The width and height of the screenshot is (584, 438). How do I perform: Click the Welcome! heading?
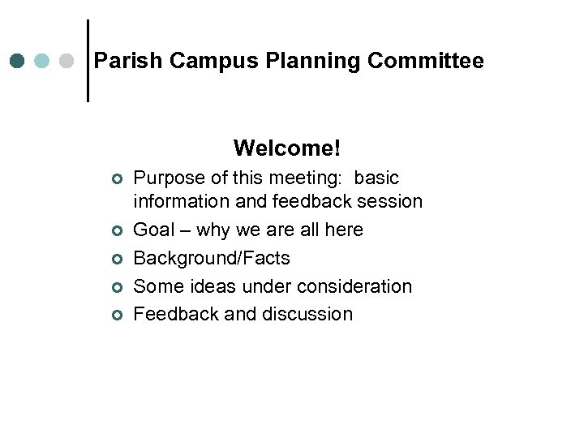point(287,148)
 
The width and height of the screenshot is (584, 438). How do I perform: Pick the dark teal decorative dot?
point(17,61)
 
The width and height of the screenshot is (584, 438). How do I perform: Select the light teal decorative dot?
point(42,61)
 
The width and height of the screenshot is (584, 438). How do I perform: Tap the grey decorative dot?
point(67,61)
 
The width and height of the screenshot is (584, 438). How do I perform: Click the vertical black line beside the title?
point(88,61)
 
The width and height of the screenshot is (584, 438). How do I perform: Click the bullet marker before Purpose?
point(117,178)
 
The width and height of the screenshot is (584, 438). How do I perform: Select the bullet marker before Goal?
point(117,231)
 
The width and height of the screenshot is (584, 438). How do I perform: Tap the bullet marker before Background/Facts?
point(117,260)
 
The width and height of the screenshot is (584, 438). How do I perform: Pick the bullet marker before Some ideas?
point(117,287)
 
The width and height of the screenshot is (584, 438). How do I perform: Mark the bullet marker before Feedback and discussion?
point(117,315)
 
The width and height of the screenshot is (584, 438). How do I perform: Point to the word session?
point(393,201)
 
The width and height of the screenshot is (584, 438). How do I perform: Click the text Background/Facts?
point(212,259)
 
